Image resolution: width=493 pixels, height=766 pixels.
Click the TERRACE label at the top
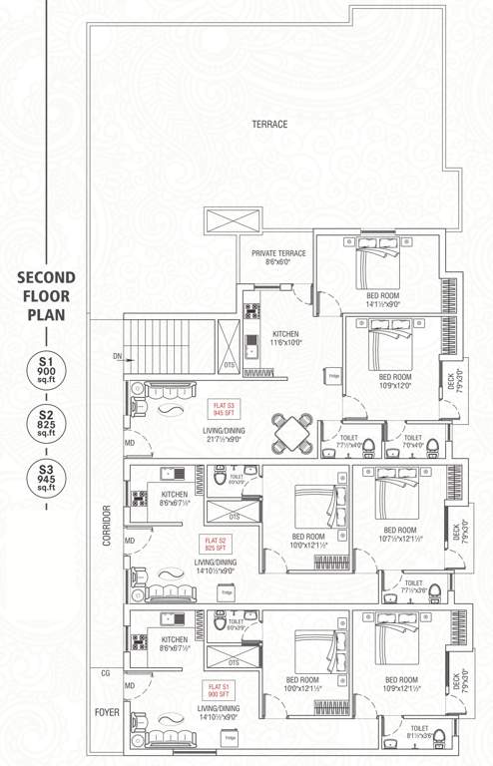point(269,125)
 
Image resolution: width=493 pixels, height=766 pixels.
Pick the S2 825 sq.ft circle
point(46,423)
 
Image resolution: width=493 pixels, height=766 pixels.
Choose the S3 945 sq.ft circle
point(46,476)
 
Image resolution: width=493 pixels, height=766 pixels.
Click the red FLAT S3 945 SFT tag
point(222,408)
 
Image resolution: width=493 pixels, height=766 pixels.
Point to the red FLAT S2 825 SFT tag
point(215,543)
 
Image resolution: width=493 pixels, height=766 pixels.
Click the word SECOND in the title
point(46,279)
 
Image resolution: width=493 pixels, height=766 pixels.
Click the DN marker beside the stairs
point(117,355)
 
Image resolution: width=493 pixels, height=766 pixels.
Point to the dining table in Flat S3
point(290,431)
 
